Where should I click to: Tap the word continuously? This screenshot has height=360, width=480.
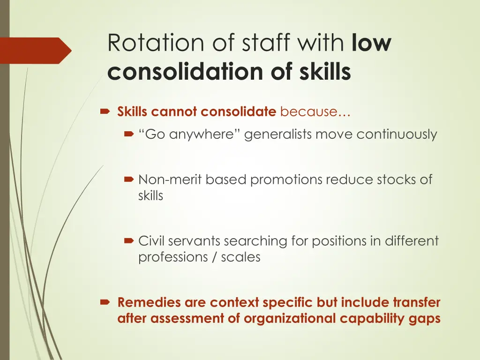[x=397, y=135]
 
